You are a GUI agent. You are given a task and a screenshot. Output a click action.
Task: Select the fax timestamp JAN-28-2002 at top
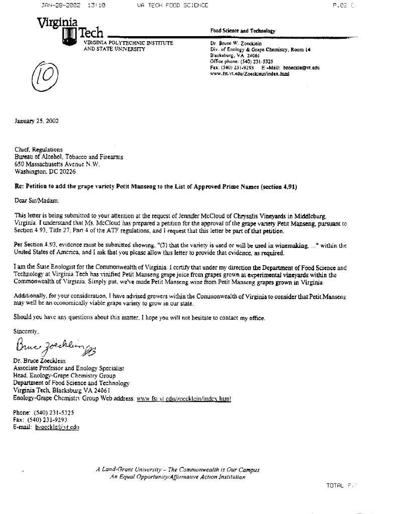click(x=60, y=6)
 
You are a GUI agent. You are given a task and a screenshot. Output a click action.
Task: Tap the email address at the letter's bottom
click(x=57, y=427)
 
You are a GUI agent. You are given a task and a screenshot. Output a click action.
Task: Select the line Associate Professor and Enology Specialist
click(x=68, y=368)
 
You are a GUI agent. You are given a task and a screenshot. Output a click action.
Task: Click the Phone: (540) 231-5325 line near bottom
click(x=44, y=412)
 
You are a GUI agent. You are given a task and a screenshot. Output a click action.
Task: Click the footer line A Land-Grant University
click(x=178, y=470)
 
